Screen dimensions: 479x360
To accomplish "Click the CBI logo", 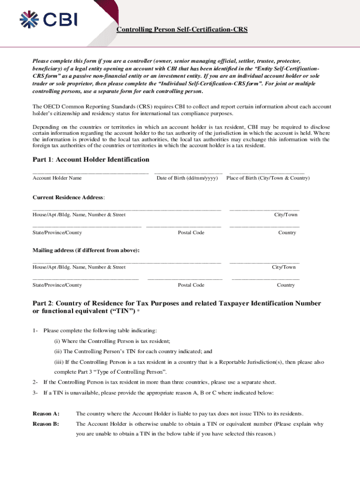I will (x=48, y=19).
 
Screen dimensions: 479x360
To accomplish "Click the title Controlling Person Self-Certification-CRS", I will (x=182, y=30).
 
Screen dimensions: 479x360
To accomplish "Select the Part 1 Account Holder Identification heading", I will (x=91, y=160).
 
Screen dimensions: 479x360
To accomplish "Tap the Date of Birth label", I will (x=187, y=178).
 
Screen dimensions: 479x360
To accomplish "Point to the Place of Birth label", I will (x=268, y=178).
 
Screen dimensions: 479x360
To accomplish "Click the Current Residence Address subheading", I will (x=68, y=197).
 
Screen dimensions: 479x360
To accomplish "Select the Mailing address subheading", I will (x=86, y=250).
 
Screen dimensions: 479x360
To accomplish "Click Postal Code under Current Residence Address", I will (x=191, y=232).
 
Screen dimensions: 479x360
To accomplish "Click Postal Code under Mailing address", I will (x=191, y=285).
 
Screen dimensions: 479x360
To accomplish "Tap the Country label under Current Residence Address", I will (x=287, y=232).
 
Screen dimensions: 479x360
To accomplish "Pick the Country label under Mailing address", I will (x=286, y=285).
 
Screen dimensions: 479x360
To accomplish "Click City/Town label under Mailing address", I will (x=284, y=267).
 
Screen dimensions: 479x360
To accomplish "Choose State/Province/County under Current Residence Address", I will (x=57, y=232).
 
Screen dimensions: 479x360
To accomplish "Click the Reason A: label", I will (x=46, y=414).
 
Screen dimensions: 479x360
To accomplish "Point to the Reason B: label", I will (x=46, y=424).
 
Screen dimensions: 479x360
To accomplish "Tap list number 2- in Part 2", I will (x=35, y=382).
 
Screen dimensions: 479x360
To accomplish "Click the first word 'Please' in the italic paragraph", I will (x=41, y=61).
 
